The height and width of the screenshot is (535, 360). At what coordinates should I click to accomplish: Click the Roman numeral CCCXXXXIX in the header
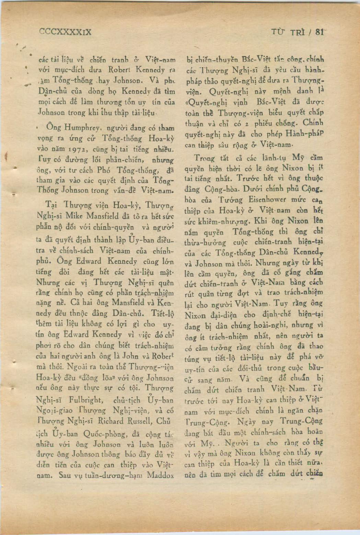[65, 32]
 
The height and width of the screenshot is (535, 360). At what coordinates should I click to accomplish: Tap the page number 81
[320, 32]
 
